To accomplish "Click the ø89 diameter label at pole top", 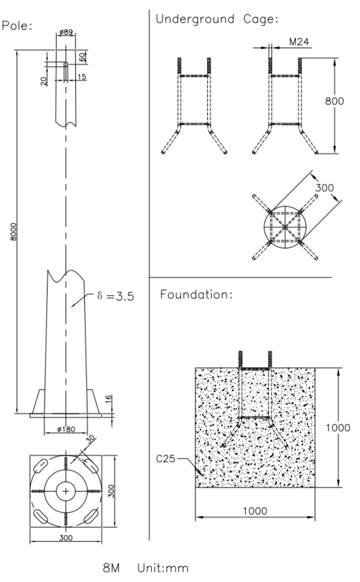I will click(66, 32).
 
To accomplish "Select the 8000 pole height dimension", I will click(13, 232).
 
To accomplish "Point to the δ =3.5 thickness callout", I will click(115, 296).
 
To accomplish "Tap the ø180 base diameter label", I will click(66, 429).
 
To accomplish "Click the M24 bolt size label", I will click(299, 42).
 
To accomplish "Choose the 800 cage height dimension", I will click(334, 101).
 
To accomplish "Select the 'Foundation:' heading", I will click(196, 295).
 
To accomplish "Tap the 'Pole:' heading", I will click(17, 26).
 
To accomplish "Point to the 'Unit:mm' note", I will click(163, 568).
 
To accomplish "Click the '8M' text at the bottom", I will click(111, 568).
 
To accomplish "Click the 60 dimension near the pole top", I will click(82, 57).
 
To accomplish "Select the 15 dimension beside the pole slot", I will click(82, 77).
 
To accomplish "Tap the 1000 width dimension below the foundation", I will click(255, 511).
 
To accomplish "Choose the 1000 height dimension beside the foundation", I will click(338, 428).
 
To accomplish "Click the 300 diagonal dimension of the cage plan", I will click(324, 188).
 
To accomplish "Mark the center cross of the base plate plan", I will click(66, 491).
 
